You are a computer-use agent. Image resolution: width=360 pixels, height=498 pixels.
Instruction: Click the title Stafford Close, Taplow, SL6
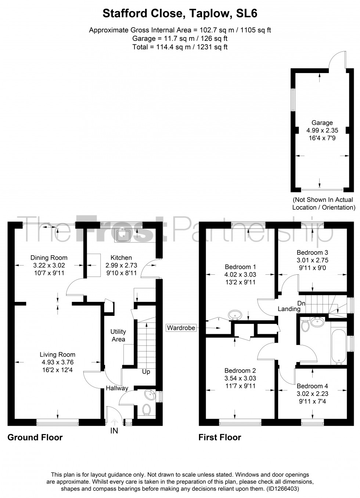(x=180, y=14)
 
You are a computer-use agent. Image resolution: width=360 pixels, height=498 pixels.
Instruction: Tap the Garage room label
(x=322, y=123)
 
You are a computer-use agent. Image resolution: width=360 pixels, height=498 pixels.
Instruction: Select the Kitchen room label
(x=121, y=257)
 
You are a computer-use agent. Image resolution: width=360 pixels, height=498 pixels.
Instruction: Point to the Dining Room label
(x=49, y=257)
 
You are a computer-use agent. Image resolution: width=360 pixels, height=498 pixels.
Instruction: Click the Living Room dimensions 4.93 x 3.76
(x=57, y=362)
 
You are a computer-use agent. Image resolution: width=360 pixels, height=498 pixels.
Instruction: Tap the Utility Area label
(x=118, y=335)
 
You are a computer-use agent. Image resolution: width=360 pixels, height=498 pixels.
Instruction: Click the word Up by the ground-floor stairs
(x=146, y=372)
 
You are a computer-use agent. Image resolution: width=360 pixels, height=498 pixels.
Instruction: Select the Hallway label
(x=117, y=388)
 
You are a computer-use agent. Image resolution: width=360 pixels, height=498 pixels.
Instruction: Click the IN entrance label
(x=114, y=431)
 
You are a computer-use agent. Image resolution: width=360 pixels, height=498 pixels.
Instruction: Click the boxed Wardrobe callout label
(x=181, y=328)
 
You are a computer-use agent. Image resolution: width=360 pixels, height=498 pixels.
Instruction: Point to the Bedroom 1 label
(x=240, y=267)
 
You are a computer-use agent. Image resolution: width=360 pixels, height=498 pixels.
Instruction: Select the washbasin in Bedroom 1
(x=235, y=315)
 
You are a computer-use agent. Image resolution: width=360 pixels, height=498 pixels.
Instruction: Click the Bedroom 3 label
(x=312, y=252)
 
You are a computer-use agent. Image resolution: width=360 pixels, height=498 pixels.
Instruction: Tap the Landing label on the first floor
(x=289, y=309)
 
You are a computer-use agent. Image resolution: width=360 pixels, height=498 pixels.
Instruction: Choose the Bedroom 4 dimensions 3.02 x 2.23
(x=312, y=394)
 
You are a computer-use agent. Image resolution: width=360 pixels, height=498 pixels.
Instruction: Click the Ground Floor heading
(x=35, y=437)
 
